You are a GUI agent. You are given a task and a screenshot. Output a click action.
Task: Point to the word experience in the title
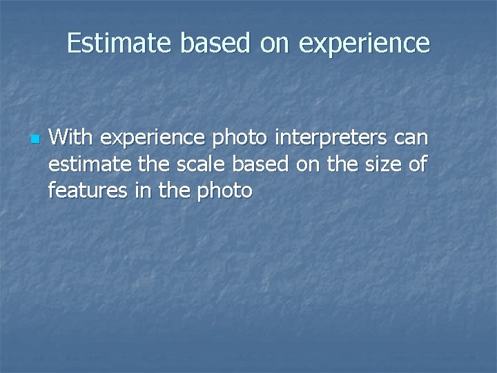[x=364, y=44]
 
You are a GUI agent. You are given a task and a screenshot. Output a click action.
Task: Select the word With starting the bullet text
[x=70, y=138]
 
